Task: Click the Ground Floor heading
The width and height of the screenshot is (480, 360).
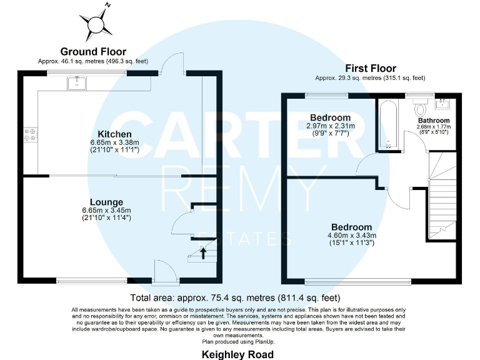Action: [93, 52]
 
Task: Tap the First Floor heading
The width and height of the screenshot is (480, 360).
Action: [371, 69]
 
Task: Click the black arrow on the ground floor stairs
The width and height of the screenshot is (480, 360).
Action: [202, 252]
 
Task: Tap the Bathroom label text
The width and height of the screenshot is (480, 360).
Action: [434, 121]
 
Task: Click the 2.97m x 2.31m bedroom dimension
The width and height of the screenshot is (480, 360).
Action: [330, 126]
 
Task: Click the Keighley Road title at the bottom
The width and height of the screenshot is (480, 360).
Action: [237, 354]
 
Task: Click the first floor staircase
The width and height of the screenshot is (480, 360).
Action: [442, 200]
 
